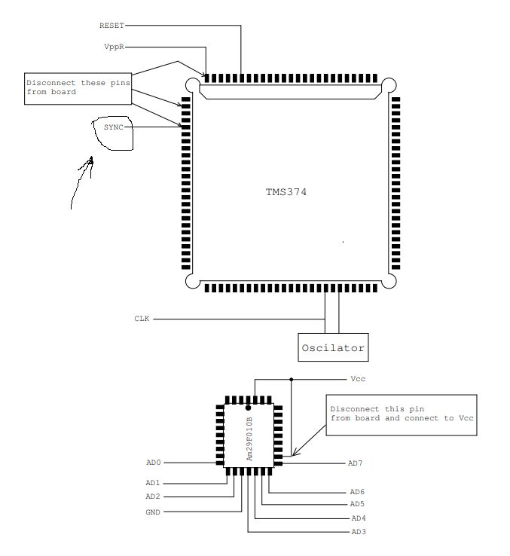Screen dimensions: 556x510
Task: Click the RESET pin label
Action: pos(111,26)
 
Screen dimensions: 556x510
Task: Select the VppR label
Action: pos(114,47)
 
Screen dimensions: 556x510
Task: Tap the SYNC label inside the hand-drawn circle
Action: pos(113,127)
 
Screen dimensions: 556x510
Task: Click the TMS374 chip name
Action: pos(286,192)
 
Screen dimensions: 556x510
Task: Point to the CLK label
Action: pos(142,319)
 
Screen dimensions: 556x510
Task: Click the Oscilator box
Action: pos(333,348)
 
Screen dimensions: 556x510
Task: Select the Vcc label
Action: pos(358,379)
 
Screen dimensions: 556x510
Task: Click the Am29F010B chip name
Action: pos(249,438)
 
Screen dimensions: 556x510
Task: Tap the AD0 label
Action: pos(154,463)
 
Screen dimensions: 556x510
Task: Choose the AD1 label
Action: pos(153,483)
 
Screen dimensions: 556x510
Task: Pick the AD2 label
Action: pos(153,496)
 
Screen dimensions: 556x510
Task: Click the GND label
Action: pos(153,512)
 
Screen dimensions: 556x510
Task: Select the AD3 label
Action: pos(359,532)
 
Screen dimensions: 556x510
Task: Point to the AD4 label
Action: pos(359,518)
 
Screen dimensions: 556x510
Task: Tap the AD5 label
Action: pos(357,504)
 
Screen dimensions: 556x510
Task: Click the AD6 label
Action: pos(357,491)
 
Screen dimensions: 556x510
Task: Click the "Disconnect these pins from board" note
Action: pos(77,87)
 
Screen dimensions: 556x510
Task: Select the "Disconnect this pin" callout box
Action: pos(402,414)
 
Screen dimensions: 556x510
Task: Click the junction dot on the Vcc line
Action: pos(292,379)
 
